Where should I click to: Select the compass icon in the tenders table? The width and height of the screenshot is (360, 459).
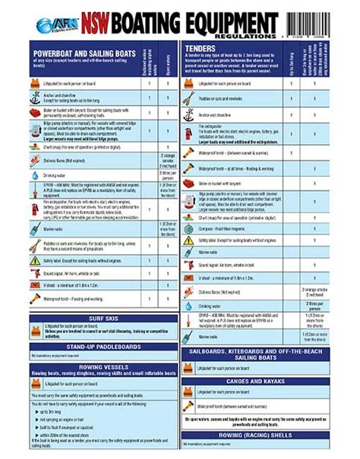click(x=189, y=228)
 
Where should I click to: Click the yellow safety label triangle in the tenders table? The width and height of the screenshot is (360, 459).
click(x=189, y=240)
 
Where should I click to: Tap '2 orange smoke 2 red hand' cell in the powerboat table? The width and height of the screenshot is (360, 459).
click(x=169, y=160)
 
